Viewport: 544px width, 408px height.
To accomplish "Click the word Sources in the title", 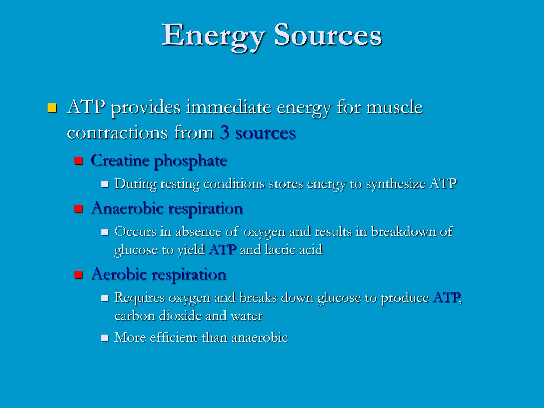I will pyautogui.click(x=328, y=36).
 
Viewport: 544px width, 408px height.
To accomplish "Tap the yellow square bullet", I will pyautogui.click(x=52, y=108).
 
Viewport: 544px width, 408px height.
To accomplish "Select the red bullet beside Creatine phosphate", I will pyautogui.click(x=78, y=161).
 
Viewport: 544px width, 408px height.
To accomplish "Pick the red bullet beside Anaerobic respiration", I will pyautogui.click(x=78, y=209).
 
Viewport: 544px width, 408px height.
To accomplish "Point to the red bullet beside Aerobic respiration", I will pyautogui.click(x=78, y=275).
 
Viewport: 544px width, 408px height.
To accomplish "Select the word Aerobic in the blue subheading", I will pyautogui.click(x=118, y=274).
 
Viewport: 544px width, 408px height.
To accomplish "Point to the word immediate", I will pyautogui.click(x=229, y=107).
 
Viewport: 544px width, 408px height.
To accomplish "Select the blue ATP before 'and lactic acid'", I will pyautogui.click(x=223, y=250).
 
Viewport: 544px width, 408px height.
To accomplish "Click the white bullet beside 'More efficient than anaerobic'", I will pyautogui.click(x=105, y=338).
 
